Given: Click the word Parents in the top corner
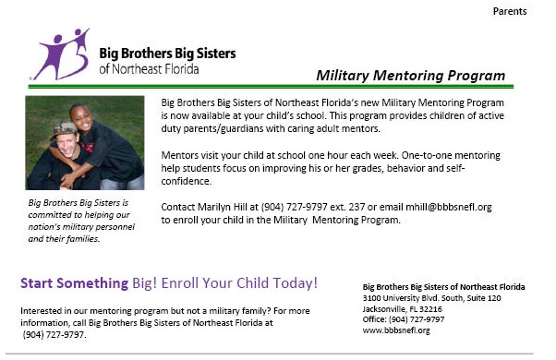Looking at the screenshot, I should tap(510, 11).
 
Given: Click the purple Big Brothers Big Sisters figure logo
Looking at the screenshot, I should tap(63, 54).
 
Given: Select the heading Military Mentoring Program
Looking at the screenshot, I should tap(410, 75).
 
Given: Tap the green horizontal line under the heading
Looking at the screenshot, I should tap(277, 87).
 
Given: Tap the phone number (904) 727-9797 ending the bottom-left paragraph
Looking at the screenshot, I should tap(54, 334).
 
